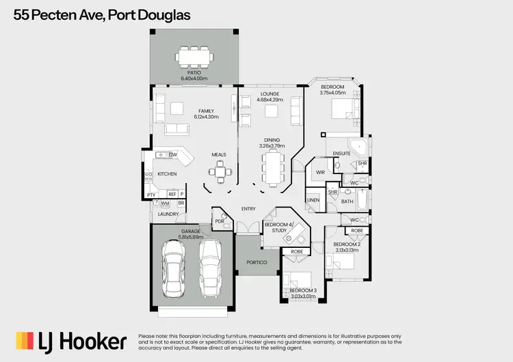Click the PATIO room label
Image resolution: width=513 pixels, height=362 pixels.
[194, 72]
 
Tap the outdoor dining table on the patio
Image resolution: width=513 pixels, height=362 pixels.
[195, 55]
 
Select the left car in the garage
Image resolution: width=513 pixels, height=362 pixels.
[173, 270]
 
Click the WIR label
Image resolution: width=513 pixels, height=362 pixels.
[320, 173]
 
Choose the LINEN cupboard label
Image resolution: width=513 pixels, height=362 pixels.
[313, 200]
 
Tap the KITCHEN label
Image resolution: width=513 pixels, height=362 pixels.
[167, 174]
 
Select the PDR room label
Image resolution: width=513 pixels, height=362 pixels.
[220, 221]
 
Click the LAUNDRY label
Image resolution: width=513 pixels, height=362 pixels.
[168, 214]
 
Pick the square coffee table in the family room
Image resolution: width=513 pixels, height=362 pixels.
[177, 107]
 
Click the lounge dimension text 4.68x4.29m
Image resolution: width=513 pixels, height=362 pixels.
[269, 100]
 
